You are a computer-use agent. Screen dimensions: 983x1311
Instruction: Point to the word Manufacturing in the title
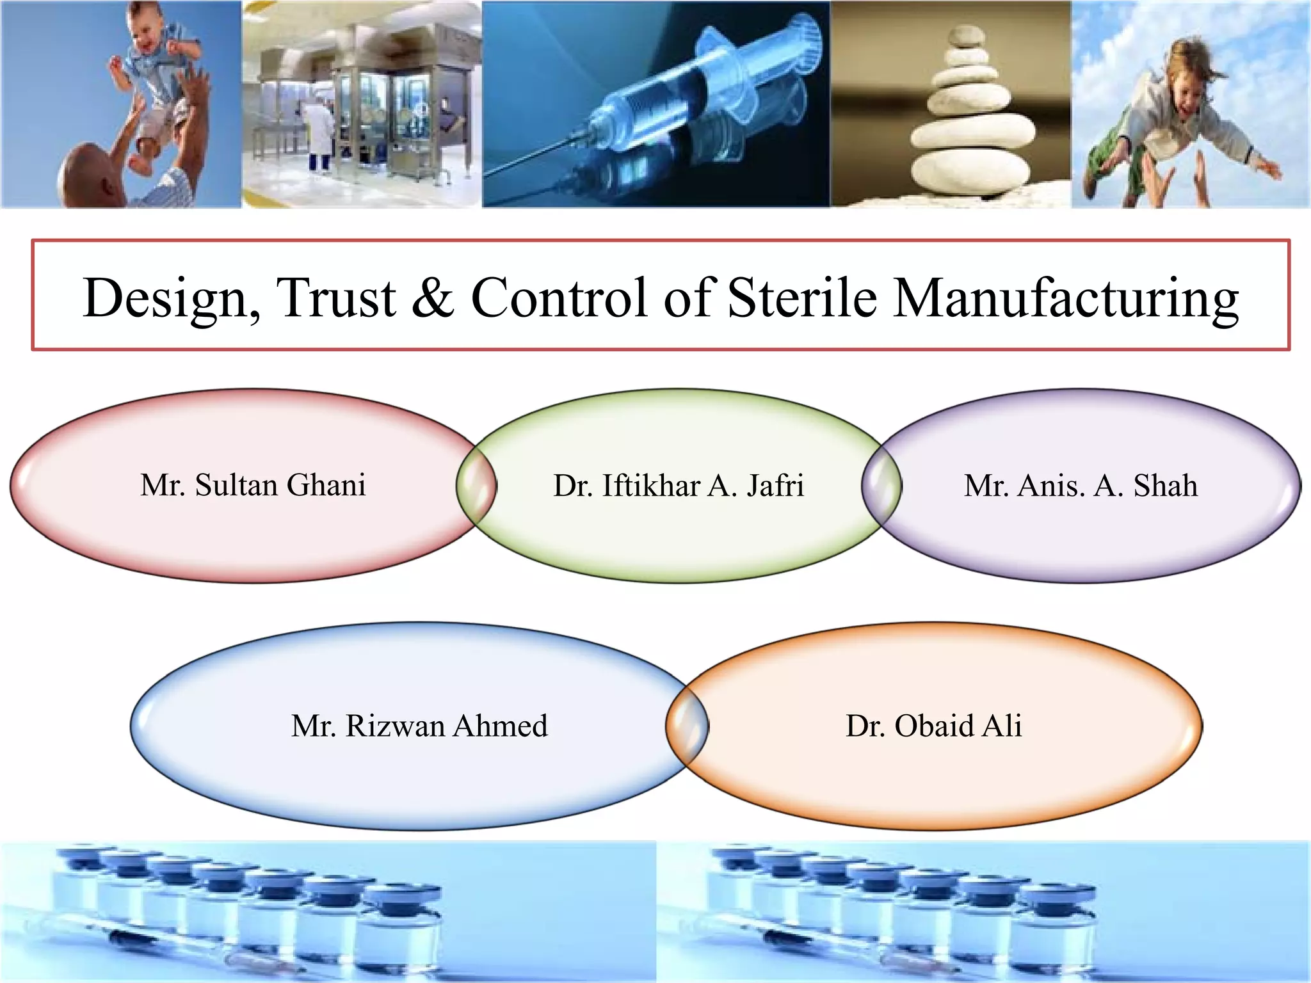point(1066,298)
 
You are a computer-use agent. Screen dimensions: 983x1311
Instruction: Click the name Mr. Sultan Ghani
point(253,485)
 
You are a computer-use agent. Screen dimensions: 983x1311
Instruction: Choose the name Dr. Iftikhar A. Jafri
point(679,486)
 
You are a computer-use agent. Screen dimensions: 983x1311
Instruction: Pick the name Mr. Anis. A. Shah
point(1081,486)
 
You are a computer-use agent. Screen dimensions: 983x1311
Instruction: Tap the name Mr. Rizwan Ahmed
point(419,726)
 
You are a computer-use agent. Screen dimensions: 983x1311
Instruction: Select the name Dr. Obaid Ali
point(933,726)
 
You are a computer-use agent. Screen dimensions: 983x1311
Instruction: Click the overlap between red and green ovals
point(476,486)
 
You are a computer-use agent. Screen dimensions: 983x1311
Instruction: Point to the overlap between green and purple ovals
point(881,486)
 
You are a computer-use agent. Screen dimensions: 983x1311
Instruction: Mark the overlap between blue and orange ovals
point(687,726)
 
